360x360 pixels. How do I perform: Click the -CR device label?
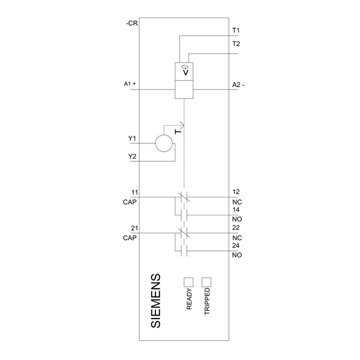(x=131, y=23)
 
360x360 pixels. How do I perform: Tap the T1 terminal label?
(x=236, y=31)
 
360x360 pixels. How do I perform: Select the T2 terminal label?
(x=236, y=44)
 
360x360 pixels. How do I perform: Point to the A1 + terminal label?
(x=130, y=84)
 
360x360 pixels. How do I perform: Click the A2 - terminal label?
(x=238, y=85)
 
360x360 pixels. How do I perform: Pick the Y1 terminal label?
(x=132, y=139)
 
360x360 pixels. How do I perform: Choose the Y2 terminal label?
(x=132, y=157)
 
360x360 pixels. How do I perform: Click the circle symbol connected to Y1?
(x=164, y=143)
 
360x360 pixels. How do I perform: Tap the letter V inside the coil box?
(x=186, y=73)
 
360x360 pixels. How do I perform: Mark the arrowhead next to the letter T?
(x=182, y=125)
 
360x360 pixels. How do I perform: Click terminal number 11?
(x=134, y=192)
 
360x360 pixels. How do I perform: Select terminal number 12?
(x=236, y=192)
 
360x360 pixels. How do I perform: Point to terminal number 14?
(x=236, y=209)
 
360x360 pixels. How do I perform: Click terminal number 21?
(x=134, y=228)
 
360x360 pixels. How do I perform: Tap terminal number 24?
(x=236, y=245)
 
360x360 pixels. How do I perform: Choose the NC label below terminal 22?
(x=237, y=238)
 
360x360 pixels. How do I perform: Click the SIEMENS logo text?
(x=155, y=301)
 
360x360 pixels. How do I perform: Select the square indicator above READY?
(x=188, y=282)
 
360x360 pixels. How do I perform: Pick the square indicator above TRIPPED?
(x=206, y=282)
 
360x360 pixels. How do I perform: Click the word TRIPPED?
(x=207, y=301)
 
